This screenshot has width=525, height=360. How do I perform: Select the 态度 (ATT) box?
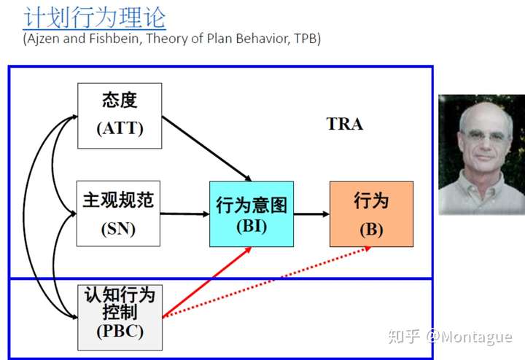pyautogui.click(x=120, y=115)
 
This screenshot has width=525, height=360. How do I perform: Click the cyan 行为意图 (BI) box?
pyautogui.click(x=252, y=214)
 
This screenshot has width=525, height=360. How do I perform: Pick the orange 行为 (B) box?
pyautogui.click(x=371, y=214)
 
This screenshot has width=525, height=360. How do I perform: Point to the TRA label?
pyautogui.click(x=345, y=124)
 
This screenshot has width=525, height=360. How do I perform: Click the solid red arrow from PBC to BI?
pyautogui.click(x=207, y=281)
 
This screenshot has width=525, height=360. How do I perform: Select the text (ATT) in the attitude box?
pyautogui.click(x=120, y=129)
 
